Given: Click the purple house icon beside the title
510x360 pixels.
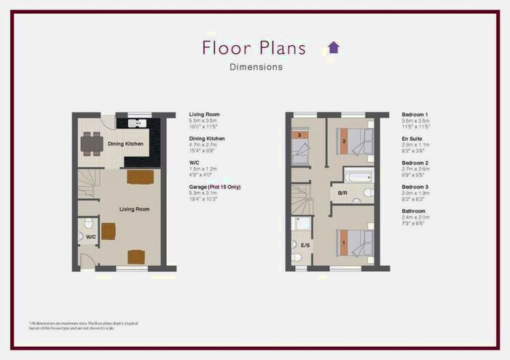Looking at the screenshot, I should click(334, 47).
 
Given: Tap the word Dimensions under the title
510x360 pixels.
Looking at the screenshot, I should click(256, 67).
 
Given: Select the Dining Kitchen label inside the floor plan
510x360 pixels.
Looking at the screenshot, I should click(125, 144).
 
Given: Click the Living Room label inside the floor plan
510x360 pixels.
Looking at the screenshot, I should click(135, 209).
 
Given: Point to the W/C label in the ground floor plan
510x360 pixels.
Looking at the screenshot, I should click(91, 236).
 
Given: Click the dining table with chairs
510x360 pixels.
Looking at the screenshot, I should click(92, 144).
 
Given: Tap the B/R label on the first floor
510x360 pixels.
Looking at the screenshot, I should click(342, 194).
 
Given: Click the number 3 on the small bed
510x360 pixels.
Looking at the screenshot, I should click(299, 135).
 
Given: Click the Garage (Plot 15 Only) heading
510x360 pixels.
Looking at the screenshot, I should click(214, 187).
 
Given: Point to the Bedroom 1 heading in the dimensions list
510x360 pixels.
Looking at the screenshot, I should click(415, 114).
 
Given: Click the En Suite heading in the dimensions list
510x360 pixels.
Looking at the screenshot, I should click(413, 138).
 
